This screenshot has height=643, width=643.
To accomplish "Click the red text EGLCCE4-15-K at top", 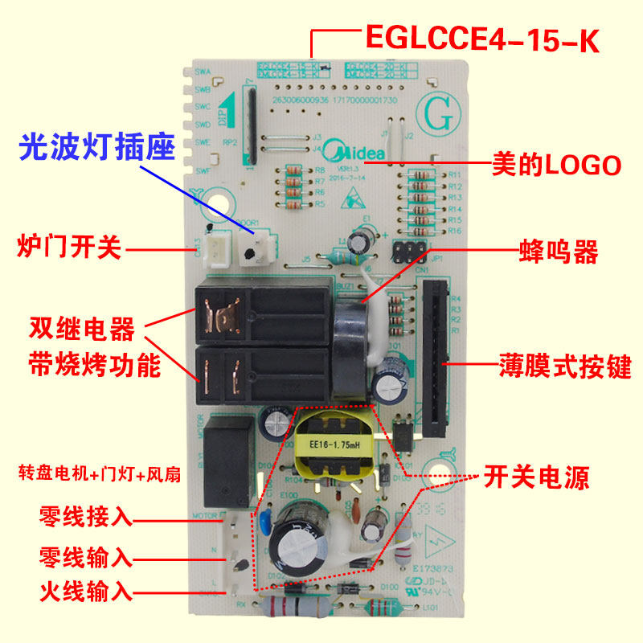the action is tap(482, 38).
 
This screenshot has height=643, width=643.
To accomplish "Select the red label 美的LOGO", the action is tap(556, 166).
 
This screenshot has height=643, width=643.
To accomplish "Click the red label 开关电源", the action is tap(536, 478).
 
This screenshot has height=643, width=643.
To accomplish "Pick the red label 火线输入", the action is tap(85, 593).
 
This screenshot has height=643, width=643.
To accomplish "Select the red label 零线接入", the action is tap(85, 515).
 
